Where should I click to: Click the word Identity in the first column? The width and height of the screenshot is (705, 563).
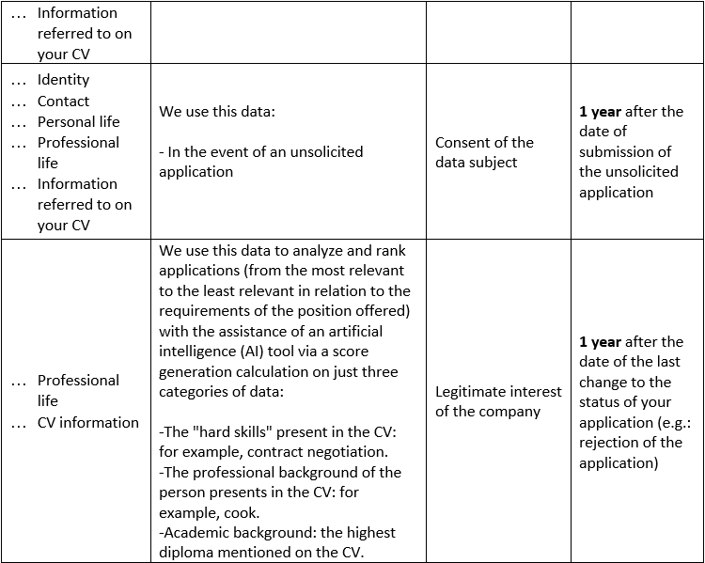pyautogui.click(x=63, y=80)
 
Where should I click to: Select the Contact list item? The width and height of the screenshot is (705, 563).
pyautogui.click(x=63, y=101)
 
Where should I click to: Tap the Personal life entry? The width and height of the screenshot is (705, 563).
pyautogui.click(x=78, y=121)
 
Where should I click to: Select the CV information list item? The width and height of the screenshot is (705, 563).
pyautogui.click(x=87, y=422)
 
